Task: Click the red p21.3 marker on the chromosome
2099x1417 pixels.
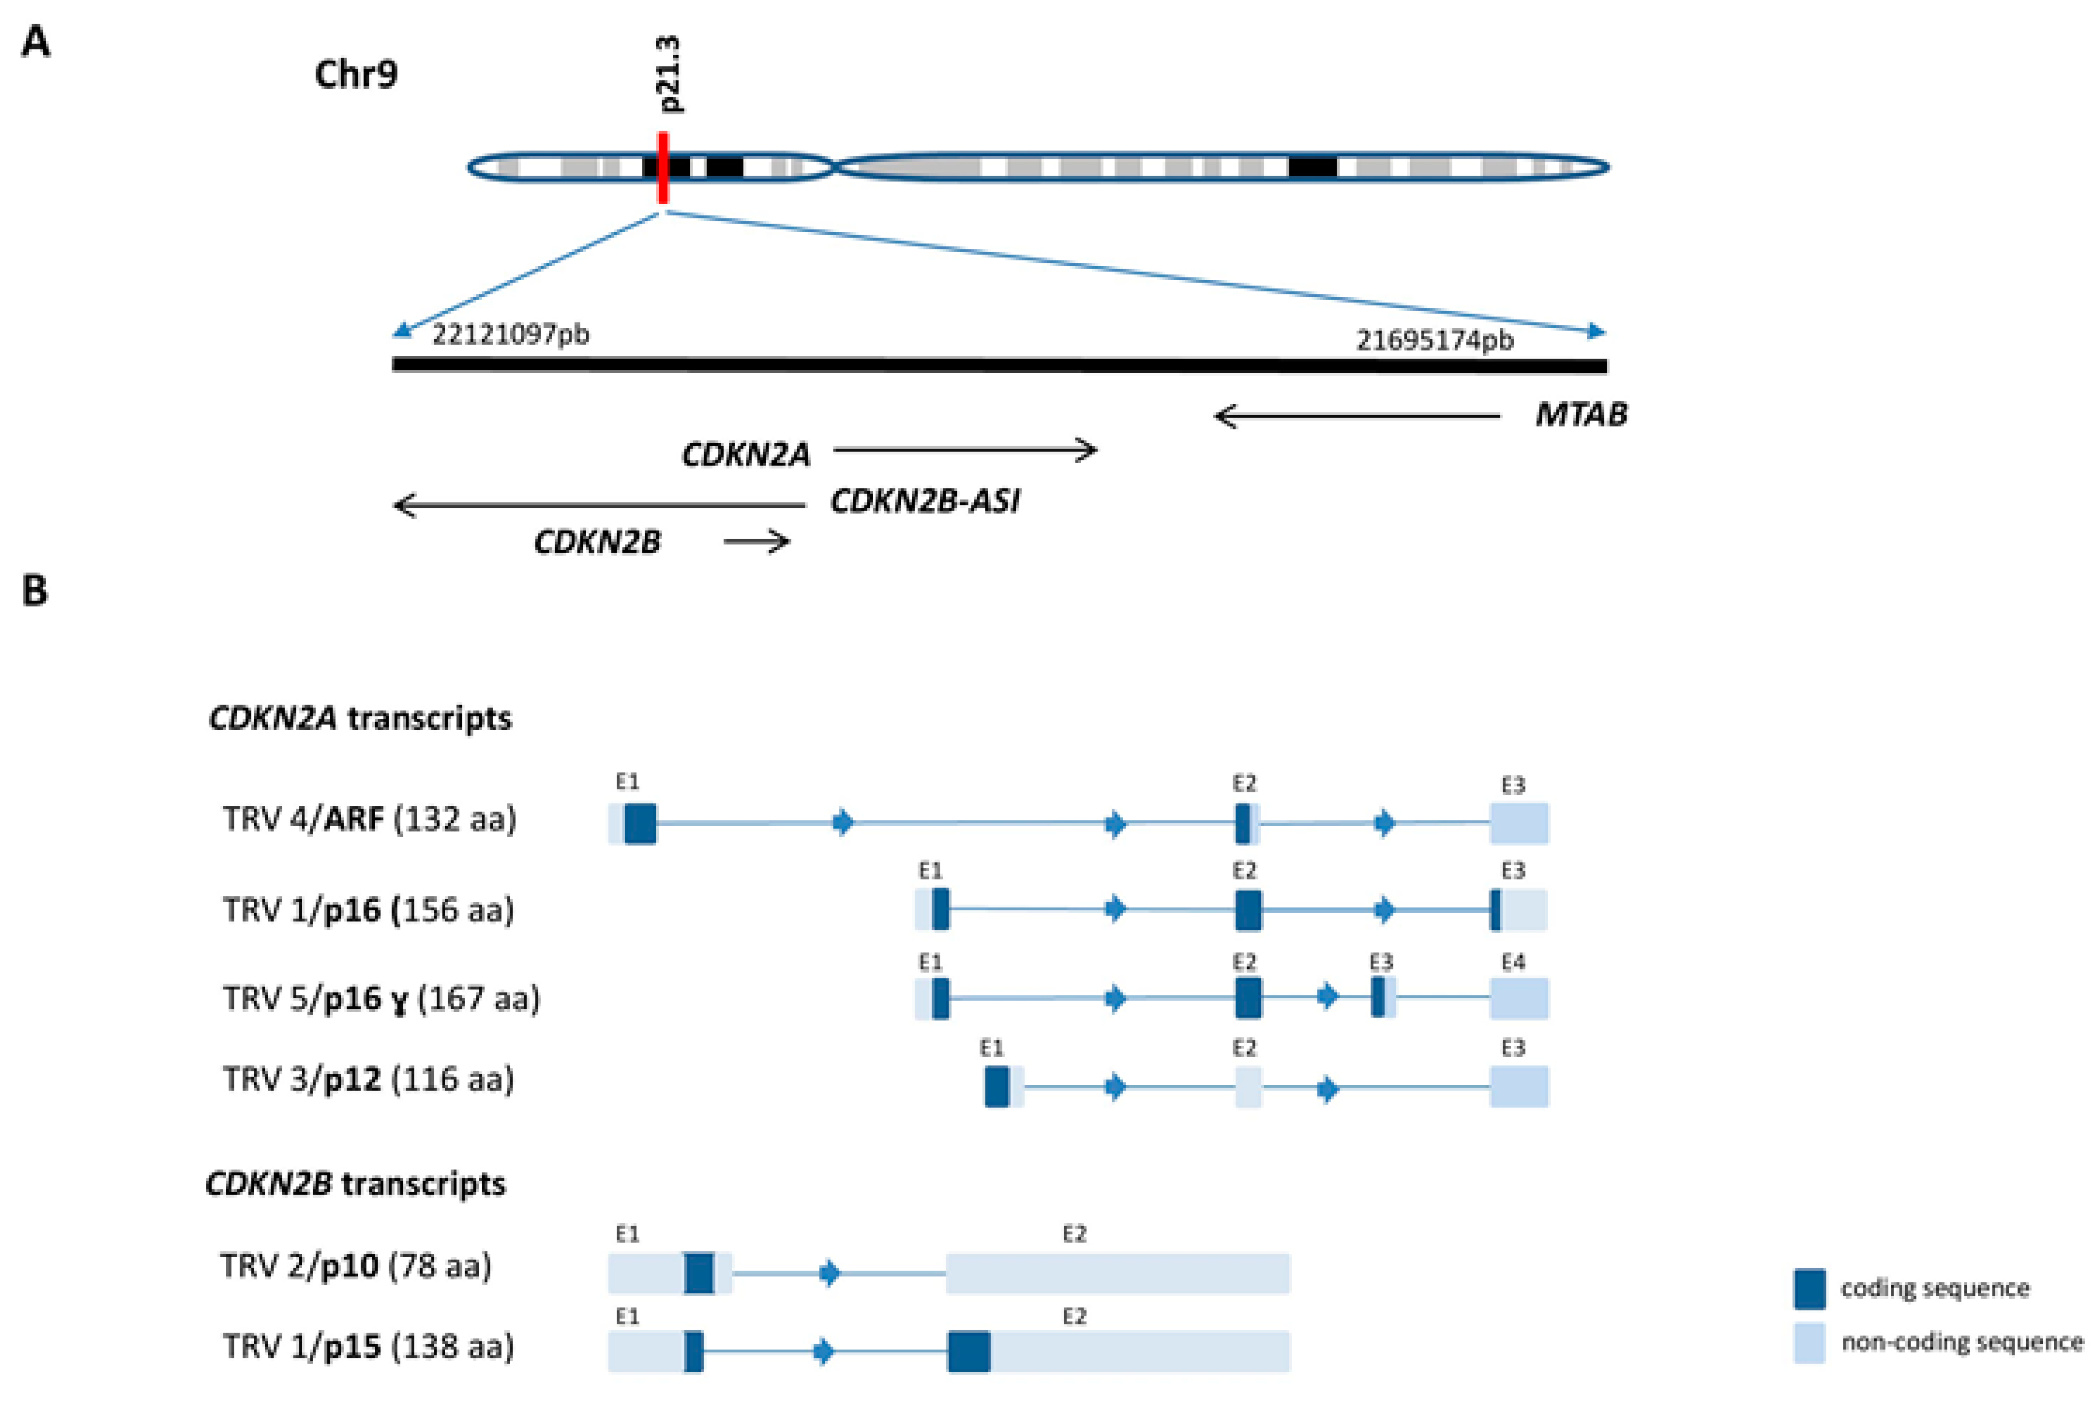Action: [663, 168]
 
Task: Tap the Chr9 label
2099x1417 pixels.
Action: [356, 74]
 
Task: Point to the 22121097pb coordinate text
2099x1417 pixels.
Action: [510, 335]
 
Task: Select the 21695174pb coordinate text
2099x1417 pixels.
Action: [1434, 341]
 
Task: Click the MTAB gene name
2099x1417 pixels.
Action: [1581, 415]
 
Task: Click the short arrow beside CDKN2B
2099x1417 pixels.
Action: [757, 542]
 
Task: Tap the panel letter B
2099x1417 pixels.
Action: [35, 591]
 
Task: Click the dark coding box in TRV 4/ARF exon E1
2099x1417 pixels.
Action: [640, 823]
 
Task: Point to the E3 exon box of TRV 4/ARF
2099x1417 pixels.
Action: [1519, 823]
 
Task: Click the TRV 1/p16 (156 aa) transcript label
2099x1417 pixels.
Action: [368, 910]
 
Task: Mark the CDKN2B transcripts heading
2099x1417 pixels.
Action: [356, 1183]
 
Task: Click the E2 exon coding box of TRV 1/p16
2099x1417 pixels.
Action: [1247, 910]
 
